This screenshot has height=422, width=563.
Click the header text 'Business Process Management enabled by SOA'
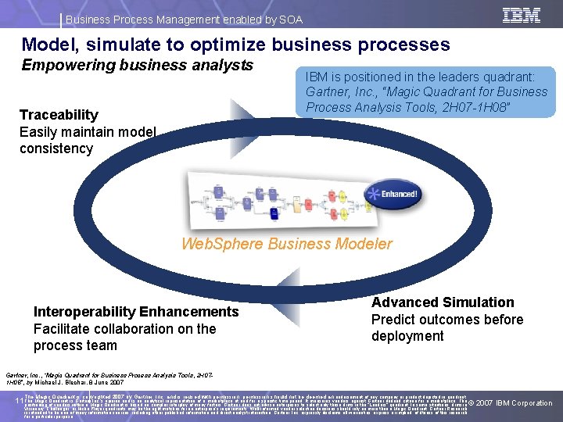184,20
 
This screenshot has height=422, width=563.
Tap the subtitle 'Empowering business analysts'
137,65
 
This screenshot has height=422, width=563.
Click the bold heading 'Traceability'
59,115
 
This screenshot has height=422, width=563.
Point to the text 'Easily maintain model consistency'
88,140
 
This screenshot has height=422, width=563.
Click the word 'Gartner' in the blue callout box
330,92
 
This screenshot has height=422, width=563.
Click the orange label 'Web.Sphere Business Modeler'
287,243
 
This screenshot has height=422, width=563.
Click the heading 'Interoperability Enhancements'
136,312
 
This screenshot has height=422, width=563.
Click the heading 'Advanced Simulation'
443,302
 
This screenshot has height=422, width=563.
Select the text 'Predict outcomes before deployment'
447,327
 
